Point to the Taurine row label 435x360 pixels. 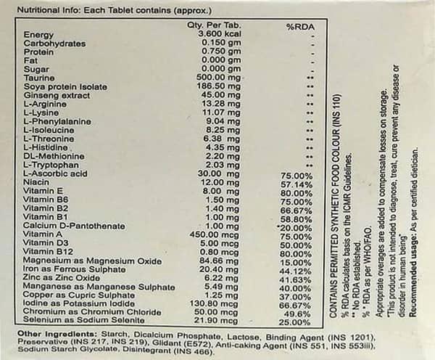[x=39, y=78]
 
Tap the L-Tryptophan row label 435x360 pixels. [x=51, y=165]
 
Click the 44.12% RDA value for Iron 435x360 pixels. [x=297, y=270]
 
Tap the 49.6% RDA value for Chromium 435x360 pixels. [x=298, y=313]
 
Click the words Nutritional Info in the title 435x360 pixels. [x=46, y=11]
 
